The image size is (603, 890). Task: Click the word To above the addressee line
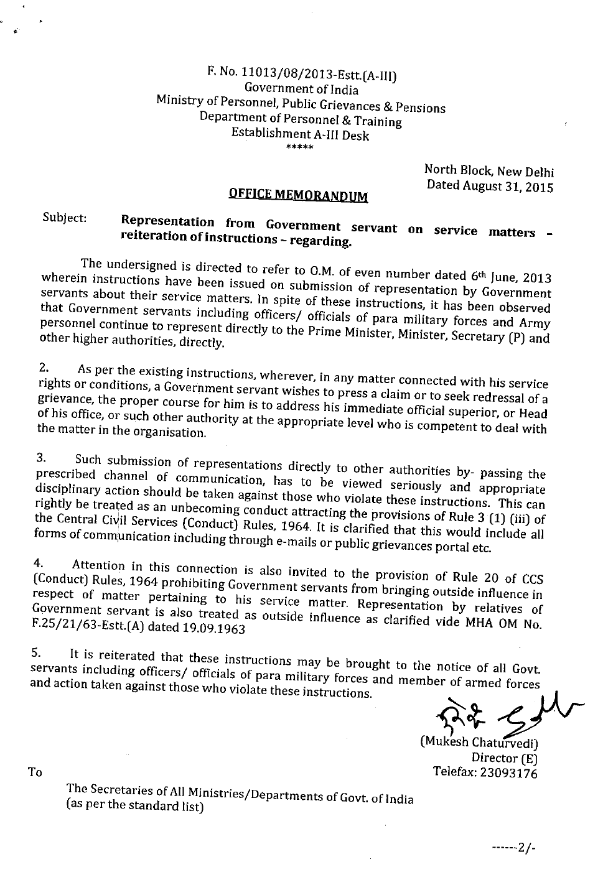point(35,772)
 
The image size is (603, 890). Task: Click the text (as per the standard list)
point(134,806)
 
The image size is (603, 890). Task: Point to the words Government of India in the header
point(301,90)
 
